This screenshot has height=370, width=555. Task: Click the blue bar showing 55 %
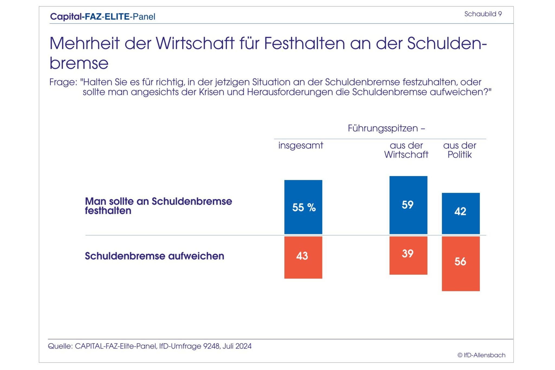click(303, 207)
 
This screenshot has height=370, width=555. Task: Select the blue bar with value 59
click(408, 205)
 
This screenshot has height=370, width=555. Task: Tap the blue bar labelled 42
click(460, 213)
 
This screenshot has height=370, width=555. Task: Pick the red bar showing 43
click(303, 257)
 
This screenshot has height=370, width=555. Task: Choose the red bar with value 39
click(408, 255)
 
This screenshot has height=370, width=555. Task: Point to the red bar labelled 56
click(460, 263)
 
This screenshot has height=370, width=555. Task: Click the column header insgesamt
click(301, 145)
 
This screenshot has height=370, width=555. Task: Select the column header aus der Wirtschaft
click(406, 150)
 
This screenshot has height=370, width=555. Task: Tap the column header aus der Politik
click(460, 150)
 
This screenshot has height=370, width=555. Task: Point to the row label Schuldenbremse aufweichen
click(154, 256)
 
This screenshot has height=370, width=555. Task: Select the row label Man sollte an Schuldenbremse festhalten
click(158, 206)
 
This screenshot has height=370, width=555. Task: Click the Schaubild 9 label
click(483, 14)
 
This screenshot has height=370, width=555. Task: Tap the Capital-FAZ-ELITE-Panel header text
click(103, 17)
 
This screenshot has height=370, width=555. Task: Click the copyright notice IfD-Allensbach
click(481, 355)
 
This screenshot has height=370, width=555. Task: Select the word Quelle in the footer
click(60, 346)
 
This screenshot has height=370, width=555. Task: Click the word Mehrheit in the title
click(85, 43)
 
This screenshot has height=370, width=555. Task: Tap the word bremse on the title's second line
click(79, 63)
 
